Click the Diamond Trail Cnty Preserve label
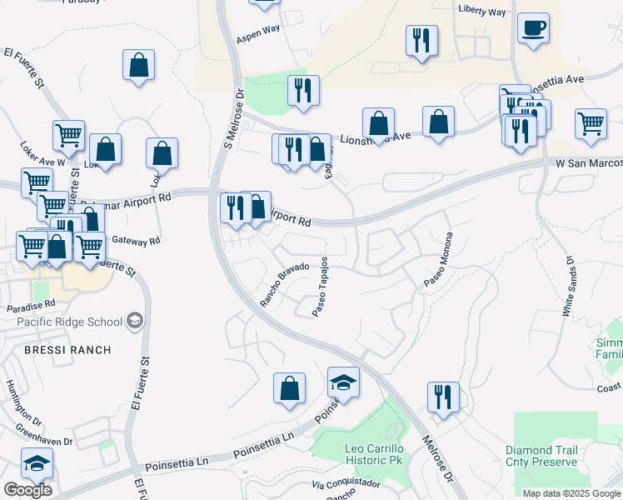click(541, 456)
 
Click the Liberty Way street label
click(482, 12)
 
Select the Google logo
click(27, 490)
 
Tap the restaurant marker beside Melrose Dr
click(443, 398)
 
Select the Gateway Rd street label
click(137, 241)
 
